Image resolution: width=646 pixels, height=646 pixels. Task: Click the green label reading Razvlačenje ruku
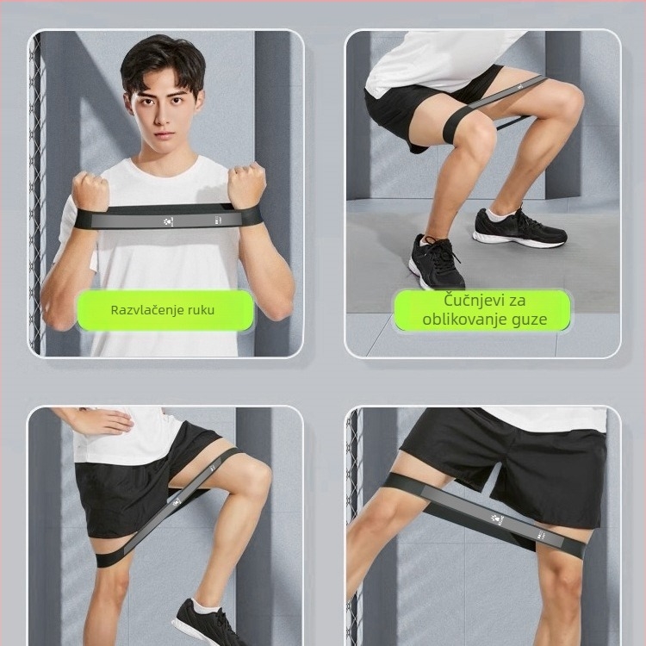(x=165, y=310)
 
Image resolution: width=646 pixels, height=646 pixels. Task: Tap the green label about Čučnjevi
(x=482, y=310)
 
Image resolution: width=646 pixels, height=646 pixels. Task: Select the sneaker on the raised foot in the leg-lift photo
(x=207, y=624)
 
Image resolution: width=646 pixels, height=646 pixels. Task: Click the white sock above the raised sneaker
(x=207, y=605)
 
